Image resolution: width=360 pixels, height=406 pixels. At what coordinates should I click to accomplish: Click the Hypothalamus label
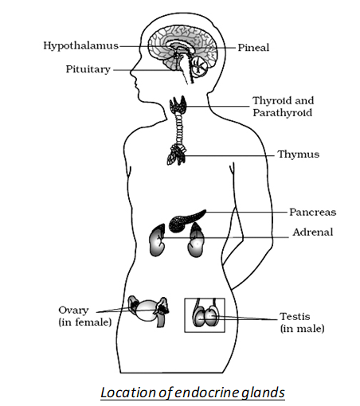coord(80,46)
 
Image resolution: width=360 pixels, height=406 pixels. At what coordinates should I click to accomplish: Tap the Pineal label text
coord(253,48)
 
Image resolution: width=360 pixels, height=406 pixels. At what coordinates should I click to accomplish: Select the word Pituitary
coord(88,69)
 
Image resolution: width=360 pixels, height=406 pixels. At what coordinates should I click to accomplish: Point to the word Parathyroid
coord(282,113)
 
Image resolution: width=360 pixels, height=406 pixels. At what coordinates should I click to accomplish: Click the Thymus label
coord(298,154)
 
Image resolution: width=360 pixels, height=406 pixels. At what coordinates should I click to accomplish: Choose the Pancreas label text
coord(312,212)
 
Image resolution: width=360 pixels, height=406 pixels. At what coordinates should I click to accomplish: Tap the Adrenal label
coord(313,232)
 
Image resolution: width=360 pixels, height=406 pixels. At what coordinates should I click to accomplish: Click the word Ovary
coord(73,310)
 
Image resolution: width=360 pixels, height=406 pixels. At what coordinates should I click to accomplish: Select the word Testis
coord(295,316)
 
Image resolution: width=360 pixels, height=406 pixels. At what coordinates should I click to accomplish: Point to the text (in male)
coord(303,329)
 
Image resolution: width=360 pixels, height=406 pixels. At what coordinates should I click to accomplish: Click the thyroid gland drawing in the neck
coord(178,104)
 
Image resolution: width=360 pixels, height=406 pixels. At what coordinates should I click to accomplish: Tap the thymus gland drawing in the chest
coord(176,154)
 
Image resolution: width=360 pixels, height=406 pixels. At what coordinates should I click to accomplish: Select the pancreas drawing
coord(186,220)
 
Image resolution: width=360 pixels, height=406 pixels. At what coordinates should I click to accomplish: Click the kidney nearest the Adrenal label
coord(196,240)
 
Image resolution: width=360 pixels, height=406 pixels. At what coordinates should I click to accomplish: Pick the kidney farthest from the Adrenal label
coord(157,240)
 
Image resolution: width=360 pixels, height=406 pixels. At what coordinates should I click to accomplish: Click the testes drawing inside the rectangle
coord(205,316)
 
